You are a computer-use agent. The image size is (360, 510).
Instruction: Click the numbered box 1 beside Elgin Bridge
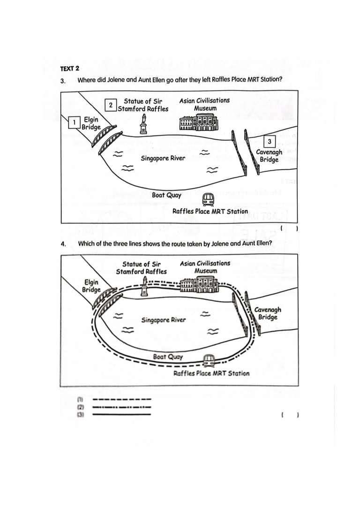coord(74,123)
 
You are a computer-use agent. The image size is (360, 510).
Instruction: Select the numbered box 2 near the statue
coord(110,106)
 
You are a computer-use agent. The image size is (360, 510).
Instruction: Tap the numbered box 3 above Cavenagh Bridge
coord(269,141)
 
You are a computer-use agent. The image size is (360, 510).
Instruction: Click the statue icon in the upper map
coord(143,124)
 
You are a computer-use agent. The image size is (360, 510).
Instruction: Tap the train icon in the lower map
coord(209,360)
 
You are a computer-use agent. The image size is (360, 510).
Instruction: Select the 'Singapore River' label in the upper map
coord(163,158)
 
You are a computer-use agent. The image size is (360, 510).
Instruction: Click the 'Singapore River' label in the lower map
coord(164,320)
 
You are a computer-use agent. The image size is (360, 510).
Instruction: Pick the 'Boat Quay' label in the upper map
coord(166,195)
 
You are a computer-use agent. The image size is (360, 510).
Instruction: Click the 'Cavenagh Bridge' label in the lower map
coord(268,313)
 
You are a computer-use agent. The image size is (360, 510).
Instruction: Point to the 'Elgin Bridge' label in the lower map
coord(91,285)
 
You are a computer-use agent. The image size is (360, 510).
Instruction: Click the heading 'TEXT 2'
coord(69,69)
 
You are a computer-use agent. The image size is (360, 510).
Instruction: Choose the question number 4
coord(63,244)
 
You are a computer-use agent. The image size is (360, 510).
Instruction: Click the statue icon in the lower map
coord(145,286)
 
